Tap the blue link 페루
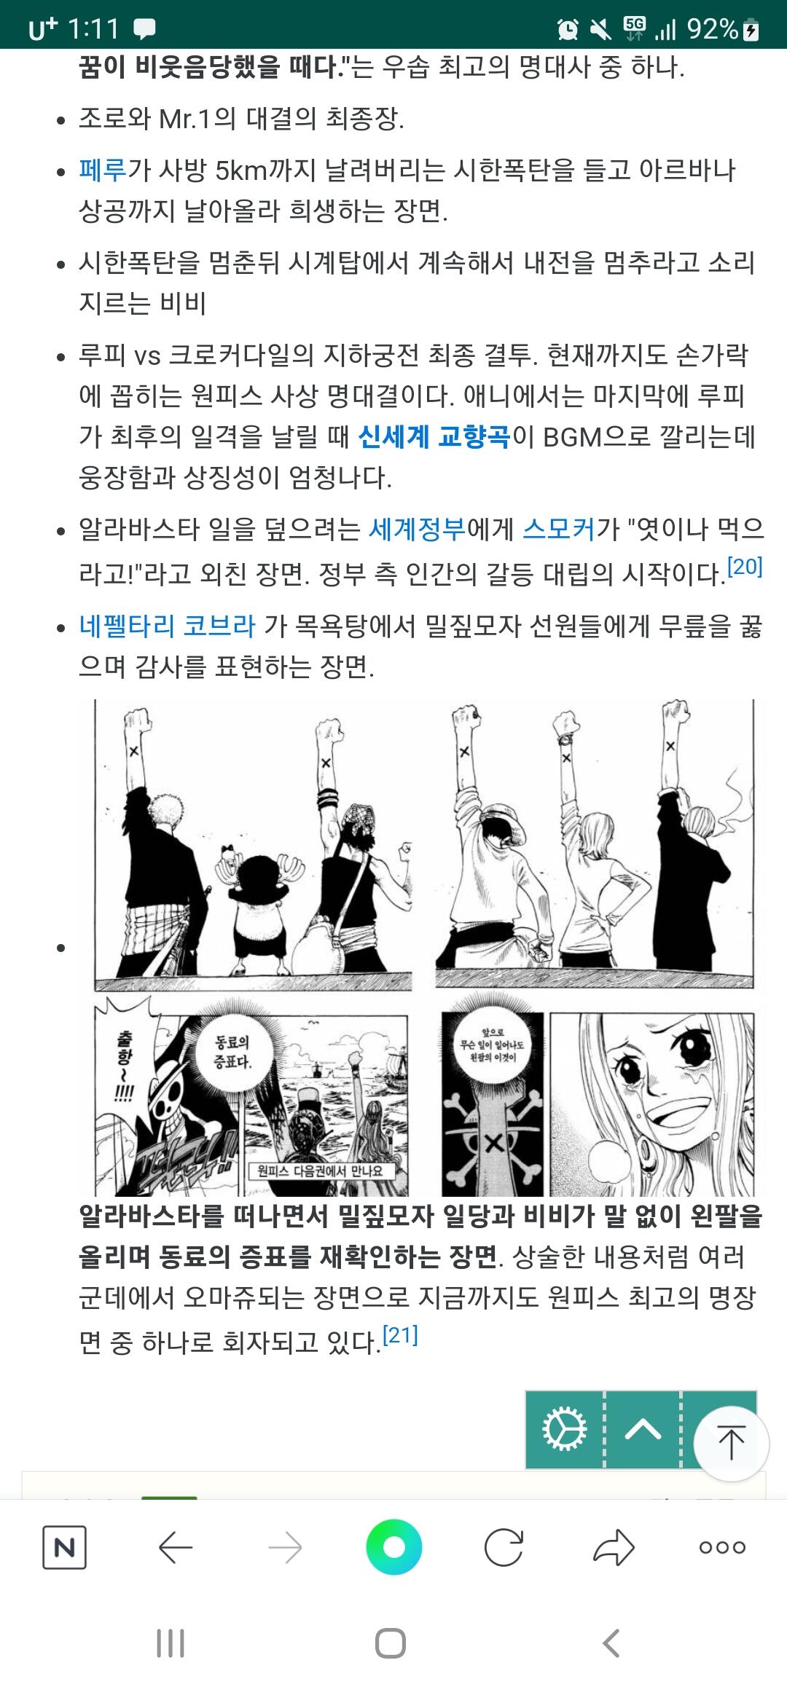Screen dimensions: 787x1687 click(x=103, y=170)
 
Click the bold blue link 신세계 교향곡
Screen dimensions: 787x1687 click(x=434, y=437)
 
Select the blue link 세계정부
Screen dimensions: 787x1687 click(x=417, y=529)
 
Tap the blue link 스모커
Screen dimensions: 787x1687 click(x=559, y=529)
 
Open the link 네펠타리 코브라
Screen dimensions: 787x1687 click(x=167, y=626)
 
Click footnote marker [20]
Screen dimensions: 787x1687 click(x=745, y=566)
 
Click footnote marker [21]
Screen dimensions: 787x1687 click(x=400, y=1335)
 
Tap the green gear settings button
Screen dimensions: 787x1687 click(x=565, y=1429)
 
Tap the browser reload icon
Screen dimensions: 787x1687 click(x=504, y=1548)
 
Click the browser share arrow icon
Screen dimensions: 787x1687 click(x=614, y=1548)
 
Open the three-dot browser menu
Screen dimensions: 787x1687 click(x=722, y=1548)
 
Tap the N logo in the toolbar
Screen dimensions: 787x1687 click(x=64, y=1548)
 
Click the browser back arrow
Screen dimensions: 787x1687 click(x=175, y=1548)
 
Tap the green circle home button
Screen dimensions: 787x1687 click(x=393, y=1547)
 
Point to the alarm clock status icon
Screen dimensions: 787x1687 click(x=567, y=29)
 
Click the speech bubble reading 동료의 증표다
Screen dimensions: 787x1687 click(x=232, y=1053)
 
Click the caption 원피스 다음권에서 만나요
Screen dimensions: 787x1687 click(x=320, y=1171)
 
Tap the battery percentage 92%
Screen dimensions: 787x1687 click(x=712, y=29)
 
